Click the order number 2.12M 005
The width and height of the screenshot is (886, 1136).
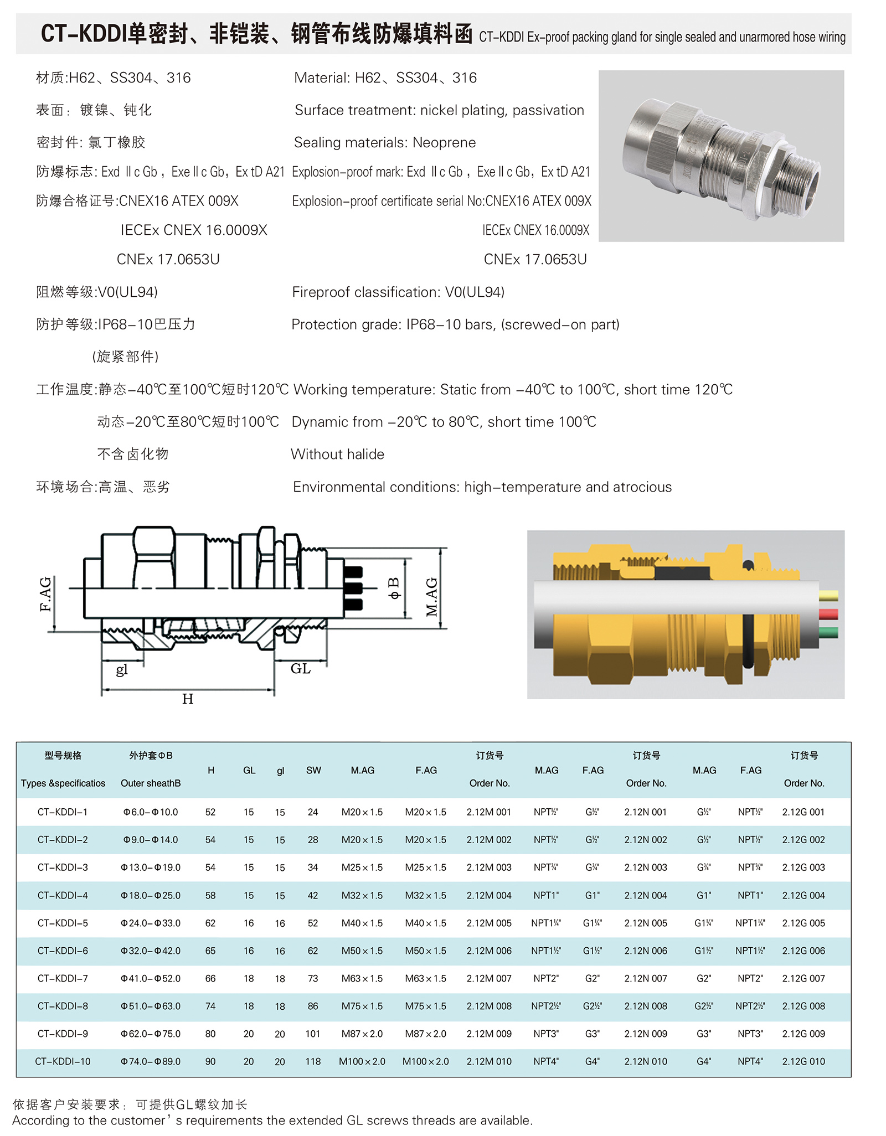(x=488, y=923)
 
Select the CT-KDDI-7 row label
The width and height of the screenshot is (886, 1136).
(x=63, y=978)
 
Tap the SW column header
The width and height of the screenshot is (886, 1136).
(x=313, y=770)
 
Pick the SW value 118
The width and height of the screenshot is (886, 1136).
(x=313, y=1061)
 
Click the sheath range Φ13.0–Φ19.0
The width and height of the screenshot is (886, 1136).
(x=151, y=868)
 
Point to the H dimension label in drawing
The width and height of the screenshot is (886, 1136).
(x=188, y=699)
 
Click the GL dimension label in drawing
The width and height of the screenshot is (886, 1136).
(x=300, y=669)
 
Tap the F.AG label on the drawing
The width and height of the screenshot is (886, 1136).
(x=45, y=593)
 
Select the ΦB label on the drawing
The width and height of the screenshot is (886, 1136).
(x=394, y=588)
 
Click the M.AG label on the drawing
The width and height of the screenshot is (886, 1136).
(x=431, y=597)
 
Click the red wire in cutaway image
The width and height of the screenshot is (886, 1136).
(x=828, y=614)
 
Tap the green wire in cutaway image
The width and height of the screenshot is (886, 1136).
(x=828, y=632)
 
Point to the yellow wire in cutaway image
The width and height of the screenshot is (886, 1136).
(x=828, y=596)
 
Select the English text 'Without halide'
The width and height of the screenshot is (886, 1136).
(x=337, y=454)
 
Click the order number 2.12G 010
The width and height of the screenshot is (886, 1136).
(x=803, y=1061)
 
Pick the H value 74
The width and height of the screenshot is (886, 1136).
(x=210, y=1006)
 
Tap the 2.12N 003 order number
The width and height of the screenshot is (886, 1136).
(x=646, y=868)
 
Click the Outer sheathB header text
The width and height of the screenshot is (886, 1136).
(x=151, y=783)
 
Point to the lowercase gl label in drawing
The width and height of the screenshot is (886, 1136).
(x=122, y=670)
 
